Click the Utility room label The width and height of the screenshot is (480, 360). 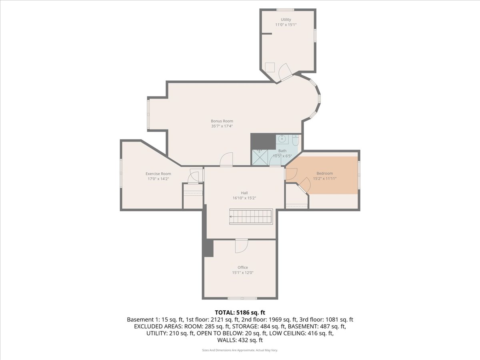[x=286, y=20]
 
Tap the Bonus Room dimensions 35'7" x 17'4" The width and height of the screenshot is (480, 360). [x=222, y=126]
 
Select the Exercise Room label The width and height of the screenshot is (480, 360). [x=158, y=174]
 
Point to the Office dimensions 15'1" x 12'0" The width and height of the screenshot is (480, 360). [x=243, y=272]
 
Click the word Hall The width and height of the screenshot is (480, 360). [x=244, y=193]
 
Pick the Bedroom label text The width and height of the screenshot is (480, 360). [x=325, y=173]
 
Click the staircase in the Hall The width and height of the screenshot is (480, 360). [x=251, y=217]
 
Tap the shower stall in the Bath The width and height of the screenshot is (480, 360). [x=260, y=157]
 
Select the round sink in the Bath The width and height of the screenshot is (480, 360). [x=282, y=139]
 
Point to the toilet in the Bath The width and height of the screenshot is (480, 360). [x=296, y=141]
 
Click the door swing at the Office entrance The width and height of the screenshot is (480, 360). [x=242, y=246]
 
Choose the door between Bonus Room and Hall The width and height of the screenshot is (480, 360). [x=226, y=159]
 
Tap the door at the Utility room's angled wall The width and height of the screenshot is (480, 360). [x=285, y=72]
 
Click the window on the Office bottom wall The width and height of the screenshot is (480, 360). [x=242, y=298]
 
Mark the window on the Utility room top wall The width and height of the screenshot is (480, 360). [x=285, y=10]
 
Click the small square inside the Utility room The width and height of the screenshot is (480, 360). [x=270, y=67]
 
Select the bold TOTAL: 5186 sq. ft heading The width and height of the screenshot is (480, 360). [x=240, y=312]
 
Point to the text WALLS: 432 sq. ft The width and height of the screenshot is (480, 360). [x=240, y=340]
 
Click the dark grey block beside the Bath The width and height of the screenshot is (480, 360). [x=263, y=142]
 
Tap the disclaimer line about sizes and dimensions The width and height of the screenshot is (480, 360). [x=240, y=350]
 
